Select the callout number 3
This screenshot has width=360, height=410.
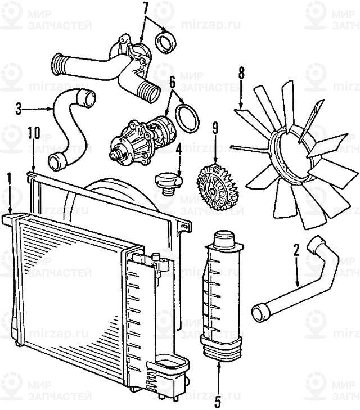(x=19, y=107)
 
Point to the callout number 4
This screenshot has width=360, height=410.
(x=178, y=149)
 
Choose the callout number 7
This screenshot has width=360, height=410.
(x=146, y=7)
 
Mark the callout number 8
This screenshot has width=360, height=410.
(x=241, y=73)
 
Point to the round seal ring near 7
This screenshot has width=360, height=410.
(x=166, y=42)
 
